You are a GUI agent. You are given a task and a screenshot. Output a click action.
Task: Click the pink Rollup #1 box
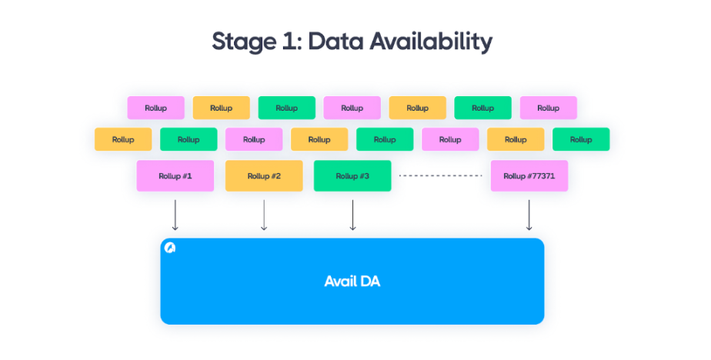point(175,175)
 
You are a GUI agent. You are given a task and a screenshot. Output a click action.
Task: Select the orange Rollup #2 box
point(264,175)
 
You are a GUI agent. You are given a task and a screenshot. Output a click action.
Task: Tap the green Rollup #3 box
point(352,175)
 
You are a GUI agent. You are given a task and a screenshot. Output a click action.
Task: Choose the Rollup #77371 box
point(529,175)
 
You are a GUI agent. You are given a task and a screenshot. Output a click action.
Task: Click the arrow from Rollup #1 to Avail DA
point(175,215)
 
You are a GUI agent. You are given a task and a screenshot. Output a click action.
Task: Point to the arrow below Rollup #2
point(264,215)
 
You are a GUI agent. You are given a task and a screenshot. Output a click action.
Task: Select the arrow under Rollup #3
point(352,215)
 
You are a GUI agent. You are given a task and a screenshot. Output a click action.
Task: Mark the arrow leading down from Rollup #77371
point(529,215)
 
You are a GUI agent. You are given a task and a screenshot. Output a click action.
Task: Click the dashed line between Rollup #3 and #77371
point(440,175)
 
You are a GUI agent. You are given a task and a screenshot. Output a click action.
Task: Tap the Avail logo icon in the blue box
point(170,248)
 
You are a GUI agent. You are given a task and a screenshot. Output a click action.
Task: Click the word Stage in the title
point(244,42)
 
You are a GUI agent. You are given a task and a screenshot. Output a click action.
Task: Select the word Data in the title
point(335,42)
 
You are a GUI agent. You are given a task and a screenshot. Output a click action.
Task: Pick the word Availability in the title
point(431,42)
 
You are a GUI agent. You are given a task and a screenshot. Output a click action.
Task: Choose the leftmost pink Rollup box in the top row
point(156,108)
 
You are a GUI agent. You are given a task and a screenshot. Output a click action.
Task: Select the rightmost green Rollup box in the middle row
point(581,139)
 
